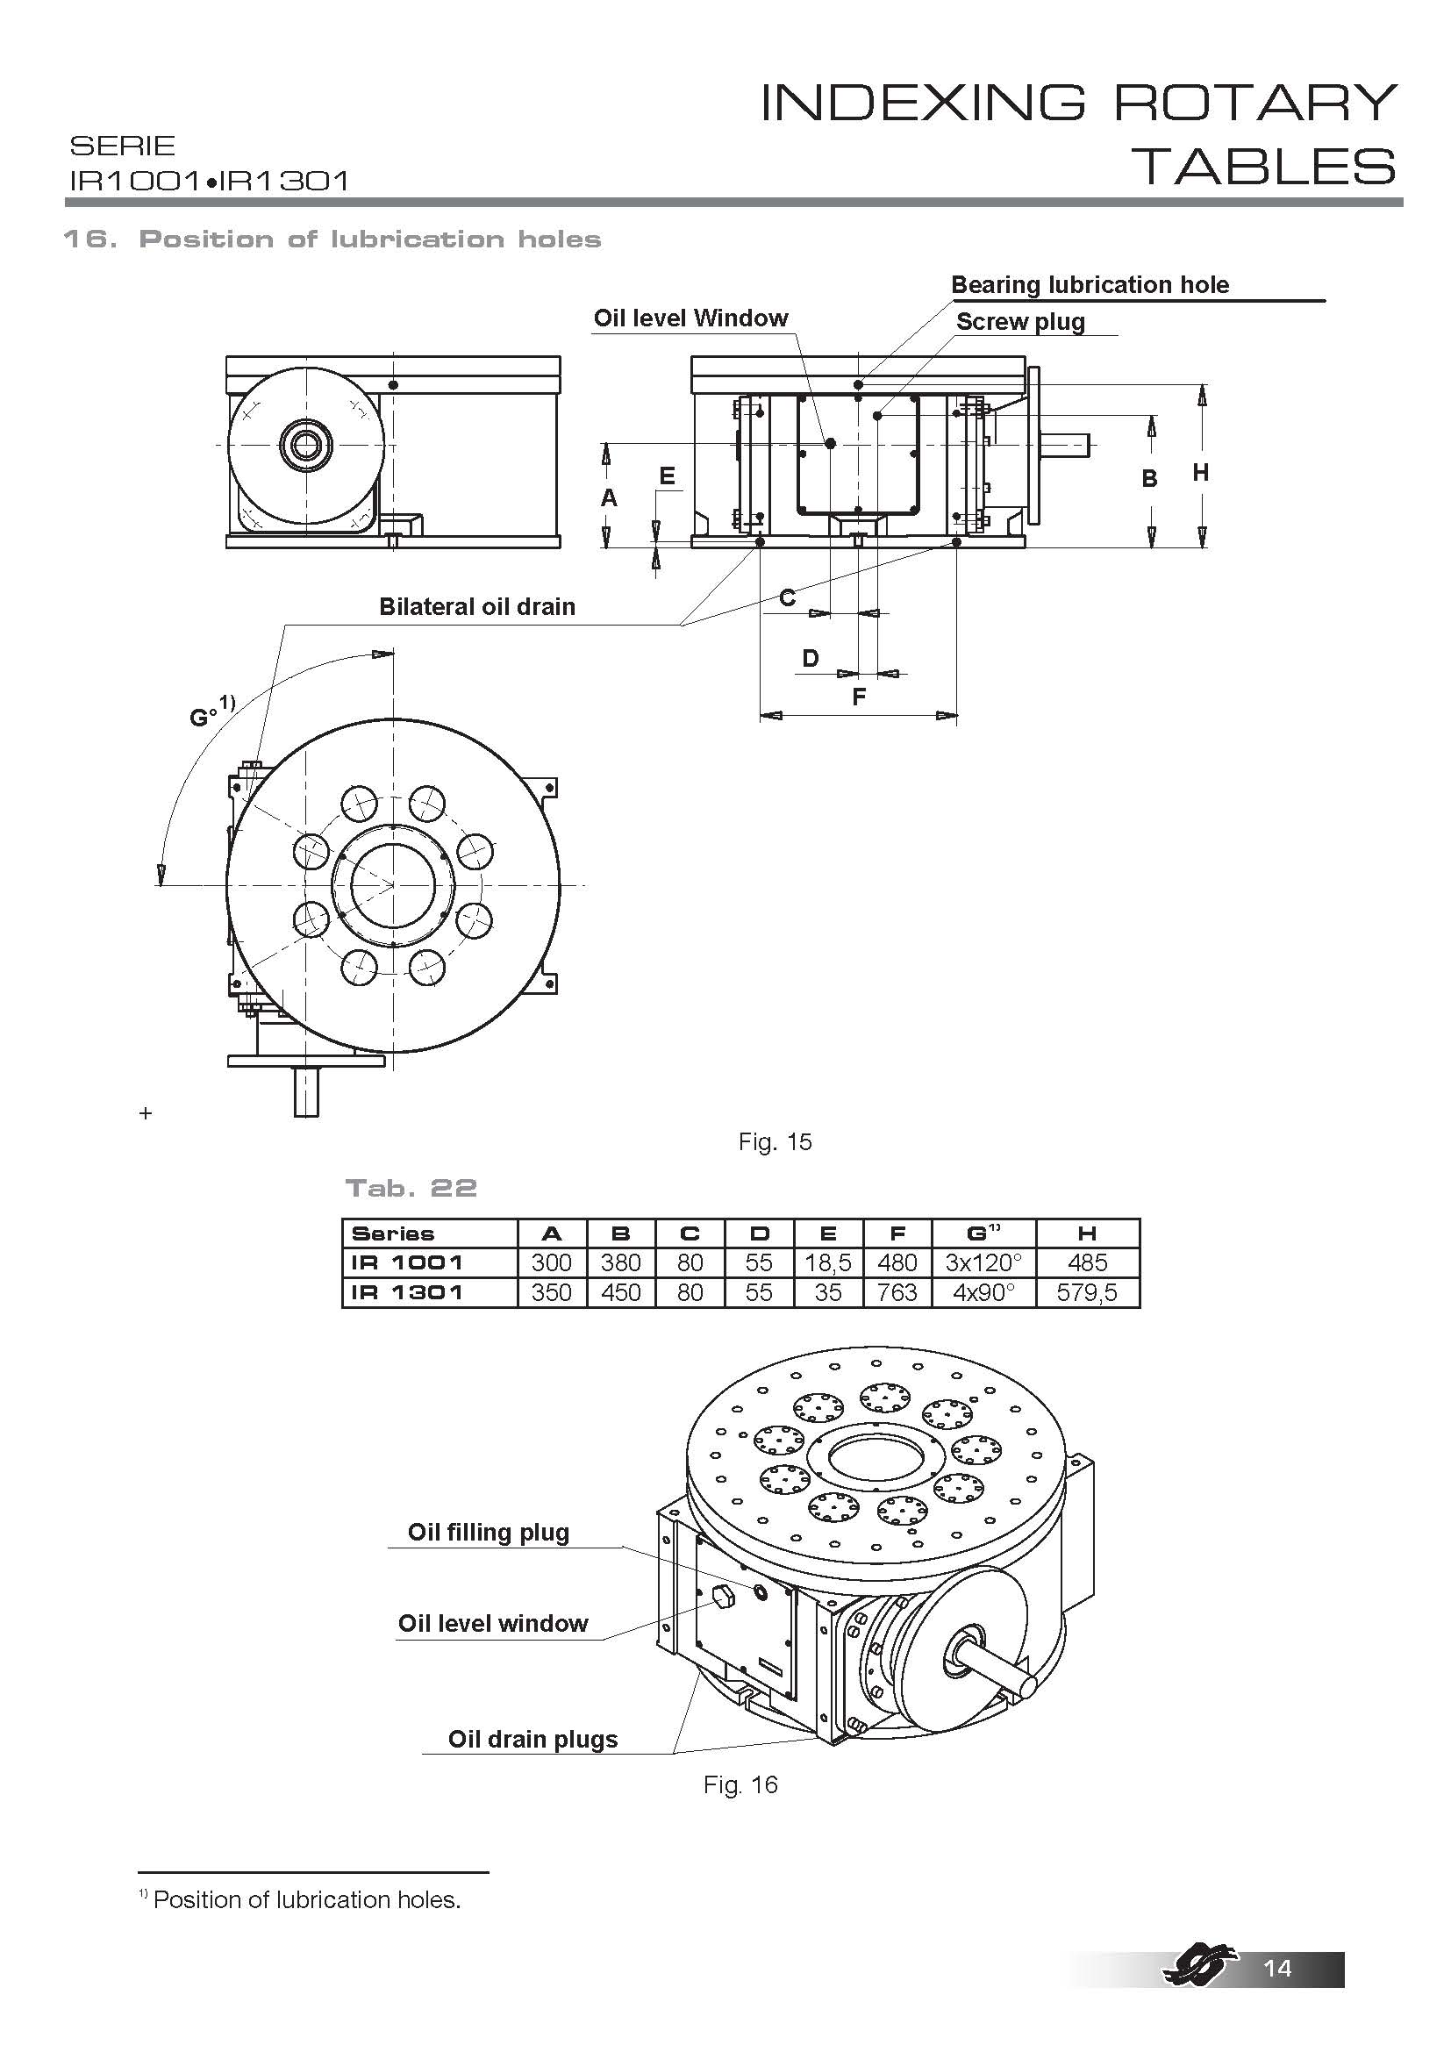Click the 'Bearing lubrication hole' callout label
[x=1090, y=285]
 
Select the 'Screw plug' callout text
[x=1020, y=322]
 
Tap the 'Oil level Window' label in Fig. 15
[x=690, y=318]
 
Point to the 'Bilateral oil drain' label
[x=477, y=607]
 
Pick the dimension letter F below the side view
[x=859, y=697]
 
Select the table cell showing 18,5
[x=828, y=1262]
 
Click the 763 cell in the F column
[x=897, y=1292]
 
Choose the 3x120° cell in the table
[x=983, y=1262]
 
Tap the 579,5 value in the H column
[x=1086, y=1292]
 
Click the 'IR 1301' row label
[x=407, y=1292]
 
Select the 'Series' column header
[x=392, y=1234]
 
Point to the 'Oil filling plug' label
[x=488, y=1532]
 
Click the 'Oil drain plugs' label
[x=533, y=1739]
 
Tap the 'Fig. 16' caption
[x=740, y=1784]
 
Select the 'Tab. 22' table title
[x=411, y=1188]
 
